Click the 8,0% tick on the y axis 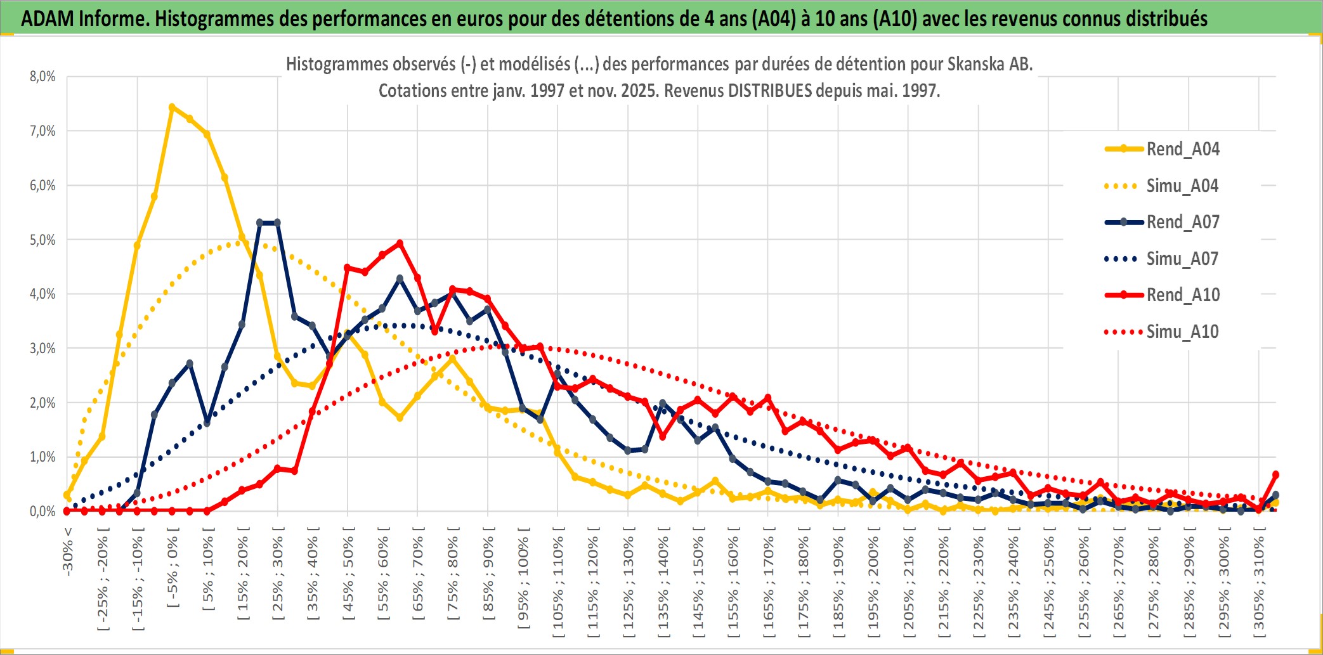click(x=42, y=77)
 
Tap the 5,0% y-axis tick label click(x=42, y=240)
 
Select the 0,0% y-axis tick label click(x=42, y=511)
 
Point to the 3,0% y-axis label click(x=42, y=348)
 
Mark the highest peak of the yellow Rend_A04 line click(x=172, y=107)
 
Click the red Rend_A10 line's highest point click(x=400, y=243)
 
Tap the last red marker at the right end click(x=1275, y=474)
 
